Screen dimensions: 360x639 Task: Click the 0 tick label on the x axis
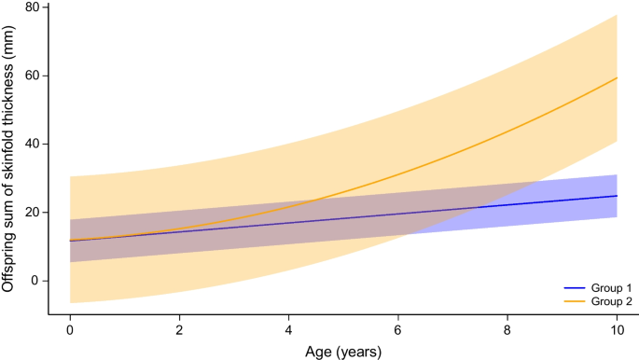tap(70, 331)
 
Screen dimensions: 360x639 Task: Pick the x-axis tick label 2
tap(179, 331)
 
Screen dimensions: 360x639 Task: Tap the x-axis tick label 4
tap(288, 331)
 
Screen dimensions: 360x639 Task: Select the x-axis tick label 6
tap(397, 331)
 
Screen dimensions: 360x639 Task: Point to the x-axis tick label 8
tap(507, 331)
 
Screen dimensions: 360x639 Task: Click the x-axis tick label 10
tap(616, 331)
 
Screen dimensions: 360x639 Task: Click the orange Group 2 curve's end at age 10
tap(616, 77)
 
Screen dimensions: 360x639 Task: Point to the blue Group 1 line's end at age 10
tap(616, 196)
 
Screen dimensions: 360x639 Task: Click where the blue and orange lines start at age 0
tap(70, 241)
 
